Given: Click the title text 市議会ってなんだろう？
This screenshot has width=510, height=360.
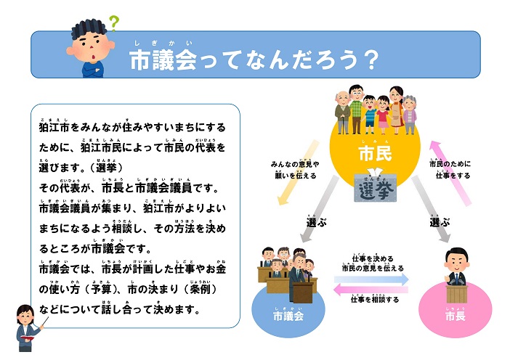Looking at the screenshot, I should tap(254, 60).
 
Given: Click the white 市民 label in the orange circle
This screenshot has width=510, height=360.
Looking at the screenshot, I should tap(376, 154).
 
